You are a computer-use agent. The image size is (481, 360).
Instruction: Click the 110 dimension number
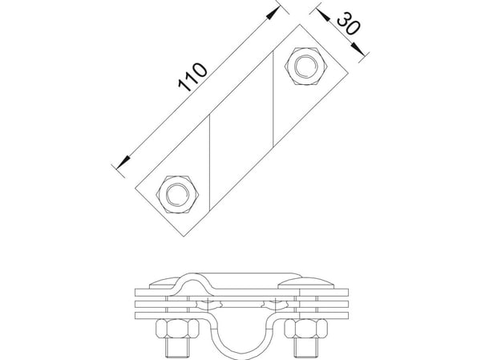point(193,77)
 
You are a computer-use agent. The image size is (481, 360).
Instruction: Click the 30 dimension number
point(348,23)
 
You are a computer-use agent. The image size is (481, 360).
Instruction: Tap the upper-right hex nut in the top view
point(306,67)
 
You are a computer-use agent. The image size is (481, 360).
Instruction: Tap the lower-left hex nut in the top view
point(178,195)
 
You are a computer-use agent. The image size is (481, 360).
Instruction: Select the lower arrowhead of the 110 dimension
point(123,162)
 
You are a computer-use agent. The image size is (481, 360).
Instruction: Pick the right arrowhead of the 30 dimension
point(357,49)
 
